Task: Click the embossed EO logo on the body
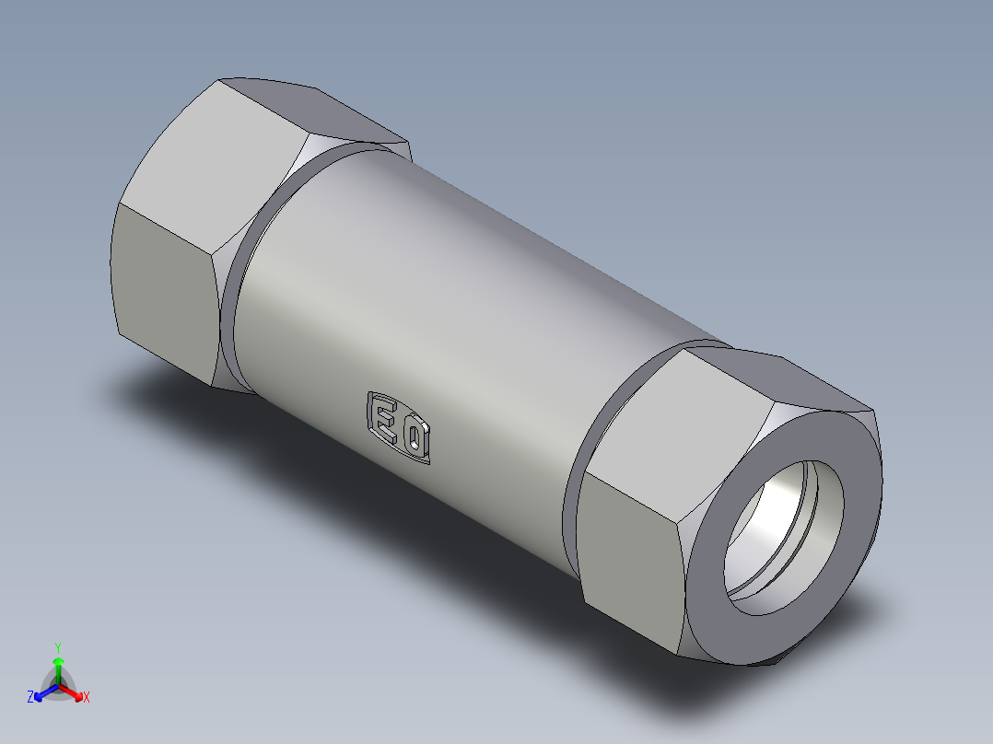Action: click(x=400, y=427)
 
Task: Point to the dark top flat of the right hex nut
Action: click(x=792, y=378)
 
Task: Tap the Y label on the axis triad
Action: click(x=58, y=646)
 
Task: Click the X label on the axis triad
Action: click(x=86, y=697)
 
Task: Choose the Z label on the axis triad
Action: click(x=30, y=697)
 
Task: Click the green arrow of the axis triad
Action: click(x=58, y=665)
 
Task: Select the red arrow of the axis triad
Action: click(x=74, y=692)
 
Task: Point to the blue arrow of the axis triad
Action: click(x=42, y=692)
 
